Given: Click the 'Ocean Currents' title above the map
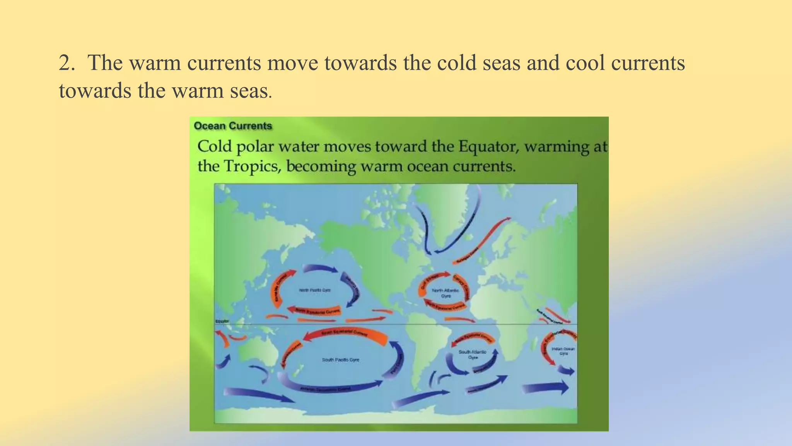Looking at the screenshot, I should [x=233, y=126].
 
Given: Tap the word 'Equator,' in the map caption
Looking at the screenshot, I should [x=488, y=147].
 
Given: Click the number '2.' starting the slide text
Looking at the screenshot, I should [x=67, y=63].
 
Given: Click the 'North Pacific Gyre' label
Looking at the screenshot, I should [x=315, y=290].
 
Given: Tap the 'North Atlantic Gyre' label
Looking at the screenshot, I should [x=445, y=293].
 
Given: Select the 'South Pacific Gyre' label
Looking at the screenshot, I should [x=340, y=360].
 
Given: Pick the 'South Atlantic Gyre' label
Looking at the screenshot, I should [x=472, y=354].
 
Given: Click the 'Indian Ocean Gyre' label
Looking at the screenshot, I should [x=563, y=351].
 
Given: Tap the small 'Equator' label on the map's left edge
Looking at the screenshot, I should [x=222, y=321].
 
